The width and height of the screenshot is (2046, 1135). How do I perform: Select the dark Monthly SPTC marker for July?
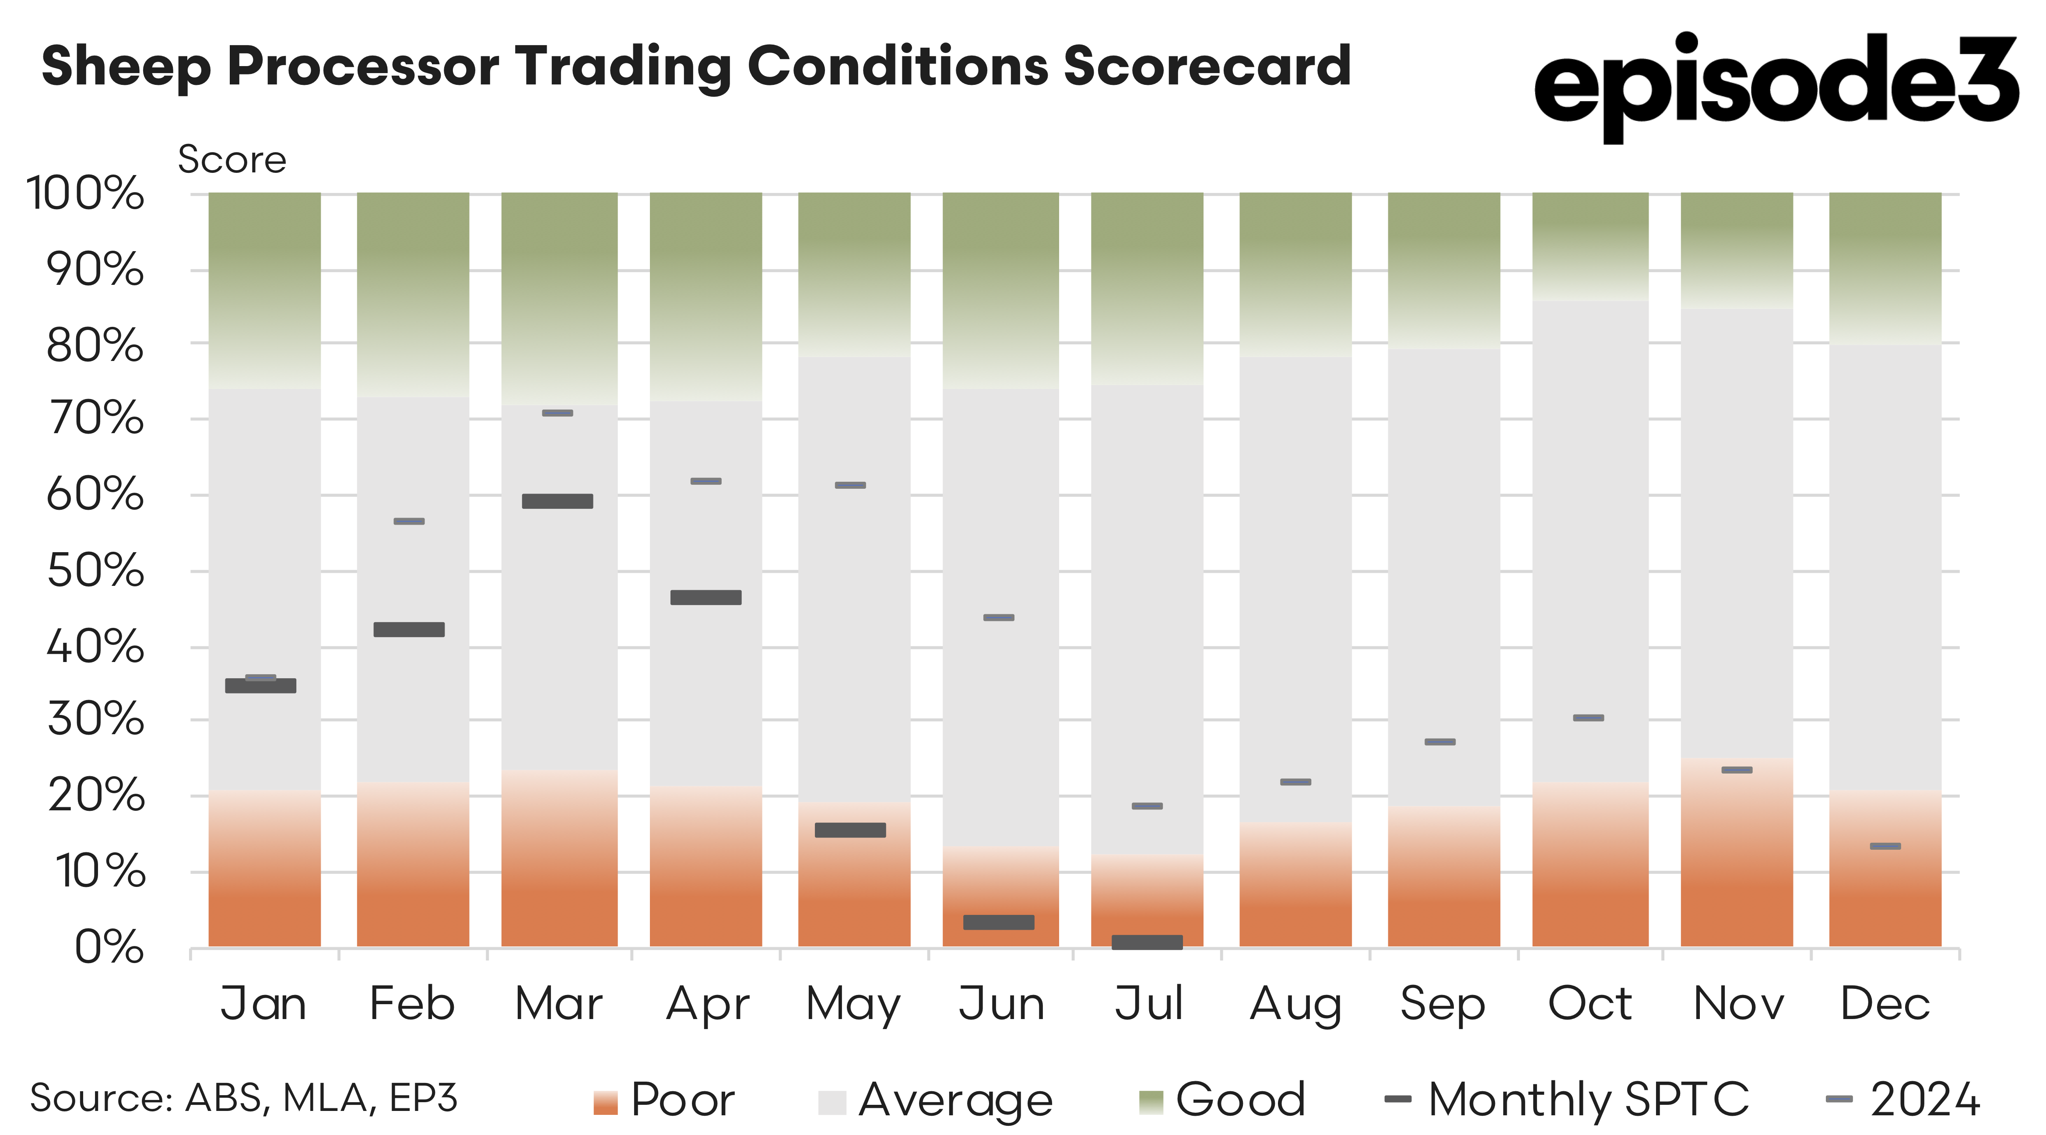click(1147, 942)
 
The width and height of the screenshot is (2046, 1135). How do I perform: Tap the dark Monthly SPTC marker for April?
click(705, 597)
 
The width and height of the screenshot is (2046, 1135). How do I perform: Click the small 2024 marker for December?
click(1885, 846)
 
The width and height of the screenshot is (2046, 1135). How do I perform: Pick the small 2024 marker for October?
click(1589, 718)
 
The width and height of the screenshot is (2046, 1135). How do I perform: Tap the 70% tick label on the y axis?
click(95, 419)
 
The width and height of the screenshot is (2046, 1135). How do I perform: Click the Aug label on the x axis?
click(1295, 1004)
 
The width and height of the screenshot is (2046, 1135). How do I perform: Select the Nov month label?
click(1739, 1004)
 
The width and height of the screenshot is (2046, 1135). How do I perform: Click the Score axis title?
click(232, 160)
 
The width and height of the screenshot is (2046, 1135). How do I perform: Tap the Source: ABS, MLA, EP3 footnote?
click(244, 1098)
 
